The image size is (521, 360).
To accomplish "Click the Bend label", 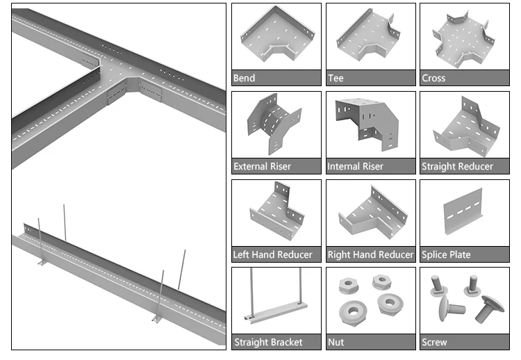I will (244, 79).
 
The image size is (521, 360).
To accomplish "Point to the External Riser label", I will (262, 167).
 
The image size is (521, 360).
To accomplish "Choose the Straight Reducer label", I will (457, 167).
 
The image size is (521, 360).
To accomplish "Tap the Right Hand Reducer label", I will (370, 255).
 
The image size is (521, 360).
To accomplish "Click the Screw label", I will (435, 343).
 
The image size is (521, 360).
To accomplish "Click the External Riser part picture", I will (274, 125).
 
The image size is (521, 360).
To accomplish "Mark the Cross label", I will (433, 79).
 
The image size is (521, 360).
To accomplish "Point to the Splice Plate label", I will (446, 255).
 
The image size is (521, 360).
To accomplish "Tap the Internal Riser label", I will (355, 167).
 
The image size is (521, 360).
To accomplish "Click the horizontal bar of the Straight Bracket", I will (276, 310).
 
